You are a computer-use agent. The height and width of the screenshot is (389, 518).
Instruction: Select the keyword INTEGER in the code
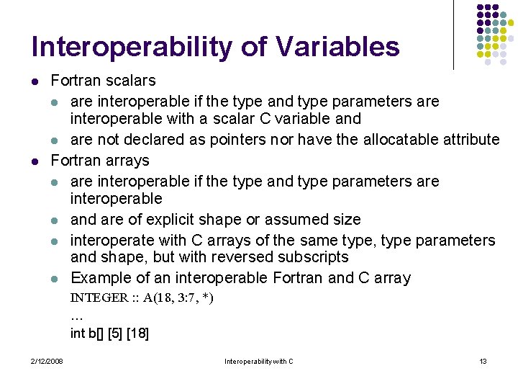[x=99, y=298]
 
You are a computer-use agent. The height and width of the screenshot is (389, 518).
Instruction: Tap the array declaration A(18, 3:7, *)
[x=178, y=298]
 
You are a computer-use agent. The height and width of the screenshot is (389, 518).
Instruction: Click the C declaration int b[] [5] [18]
[x=109, y=333]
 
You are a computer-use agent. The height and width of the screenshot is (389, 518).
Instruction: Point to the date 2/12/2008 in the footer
[x=47, y=361]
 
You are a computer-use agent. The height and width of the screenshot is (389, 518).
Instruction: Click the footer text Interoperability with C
[x=259, y=361]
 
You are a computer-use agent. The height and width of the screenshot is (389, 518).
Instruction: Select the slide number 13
[x=483, y=361]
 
